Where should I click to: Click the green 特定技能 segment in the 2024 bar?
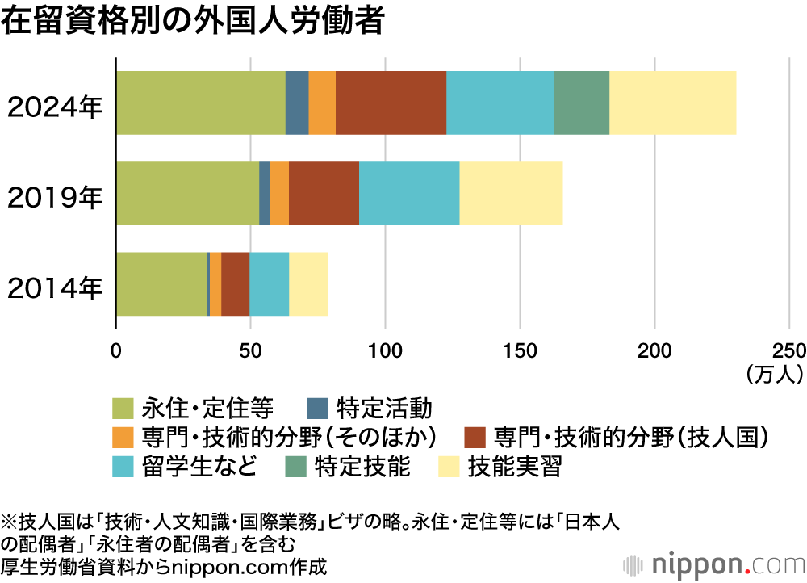581,103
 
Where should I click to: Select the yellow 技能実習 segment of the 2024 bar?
672,103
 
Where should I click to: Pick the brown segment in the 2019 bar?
324,193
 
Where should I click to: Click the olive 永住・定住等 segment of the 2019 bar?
187,193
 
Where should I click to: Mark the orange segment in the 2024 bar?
322,103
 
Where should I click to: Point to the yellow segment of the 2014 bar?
308,283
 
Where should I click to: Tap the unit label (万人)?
774,373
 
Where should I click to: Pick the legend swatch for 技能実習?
449,467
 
